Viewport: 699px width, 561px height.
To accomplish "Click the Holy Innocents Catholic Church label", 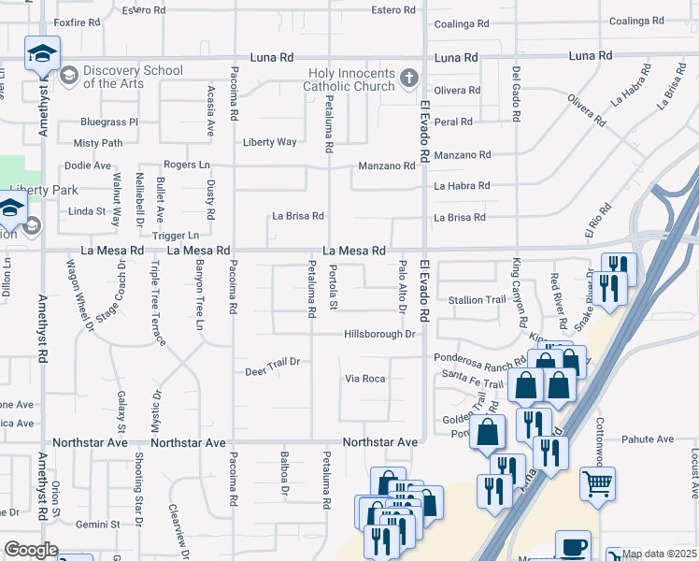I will tap(354, 79).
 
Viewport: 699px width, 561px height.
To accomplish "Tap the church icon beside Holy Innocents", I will tap(409, 79).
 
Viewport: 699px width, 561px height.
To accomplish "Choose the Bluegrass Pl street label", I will tap(108, 122).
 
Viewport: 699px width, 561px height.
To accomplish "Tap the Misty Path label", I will tap(98, 143).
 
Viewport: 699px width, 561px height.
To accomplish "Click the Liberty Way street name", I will tap(269, 142).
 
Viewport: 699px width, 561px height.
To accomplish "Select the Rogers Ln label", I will tap(186, 165).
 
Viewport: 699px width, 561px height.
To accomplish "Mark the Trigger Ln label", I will tap(175, 236).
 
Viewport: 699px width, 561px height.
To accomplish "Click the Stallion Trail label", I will tap(478, 300).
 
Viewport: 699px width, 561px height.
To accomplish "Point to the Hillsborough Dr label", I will tap(378, 334).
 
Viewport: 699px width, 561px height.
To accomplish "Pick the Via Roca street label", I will tap(365, 379).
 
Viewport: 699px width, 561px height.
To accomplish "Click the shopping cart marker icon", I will tap(599, 484).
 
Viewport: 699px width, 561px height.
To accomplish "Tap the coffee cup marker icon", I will tap(573, 546).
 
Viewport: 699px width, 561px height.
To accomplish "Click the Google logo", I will tap(31, 550).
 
